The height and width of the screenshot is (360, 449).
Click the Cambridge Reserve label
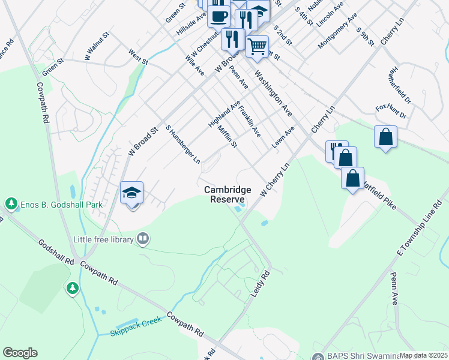tap(228, 194)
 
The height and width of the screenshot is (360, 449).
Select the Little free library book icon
tap(142, 239)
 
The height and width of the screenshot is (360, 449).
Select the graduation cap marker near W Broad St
tap(131, 193)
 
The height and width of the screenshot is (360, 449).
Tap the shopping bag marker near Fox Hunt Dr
tap(385, 137)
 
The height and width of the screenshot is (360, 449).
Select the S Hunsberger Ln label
tap(182, 145)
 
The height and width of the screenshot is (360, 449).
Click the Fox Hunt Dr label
tap(391, 112)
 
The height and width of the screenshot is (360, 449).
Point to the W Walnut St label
tap(97, 46)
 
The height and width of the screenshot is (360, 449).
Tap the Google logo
tap(20, 353)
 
